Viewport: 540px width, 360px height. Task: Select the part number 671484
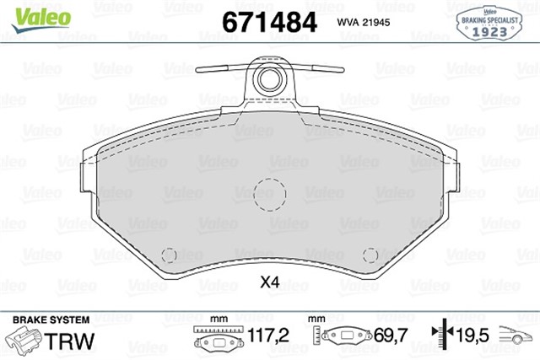point(267,21)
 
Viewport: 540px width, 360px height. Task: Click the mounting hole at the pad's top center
point(270,79)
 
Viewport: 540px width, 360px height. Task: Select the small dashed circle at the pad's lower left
point(170,255)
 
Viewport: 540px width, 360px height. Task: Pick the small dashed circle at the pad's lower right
point(369,255)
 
